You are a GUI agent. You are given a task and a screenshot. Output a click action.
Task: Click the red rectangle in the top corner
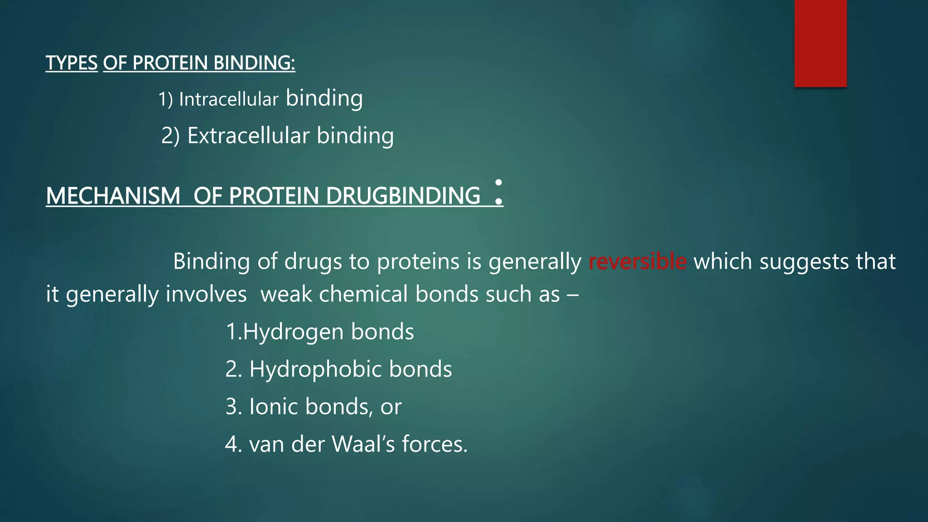pos(820,43)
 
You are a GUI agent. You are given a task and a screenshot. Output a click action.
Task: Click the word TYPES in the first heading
pos(72,63)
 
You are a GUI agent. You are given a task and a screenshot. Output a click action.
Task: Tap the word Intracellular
pos(228,100)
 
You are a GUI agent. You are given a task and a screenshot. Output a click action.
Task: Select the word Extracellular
pos(248,135)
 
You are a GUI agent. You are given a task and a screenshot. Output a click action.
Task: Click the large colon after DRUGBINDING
pos(498,192)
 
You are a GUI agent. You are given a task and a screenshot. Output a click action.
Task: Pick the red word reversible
pos(637,261)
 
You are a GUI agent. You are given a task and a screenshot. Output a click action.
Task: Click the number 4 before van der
pos(232,444)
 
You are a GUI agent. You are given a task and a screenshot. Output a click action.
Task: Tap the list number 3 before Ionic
pos(232,406)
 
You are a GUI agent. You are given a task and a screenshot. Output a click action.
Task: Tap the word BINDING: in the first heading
pos(254,63)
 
